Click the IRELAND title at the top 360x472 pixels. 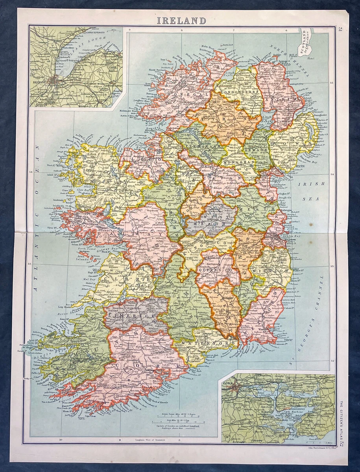tap(181, 20)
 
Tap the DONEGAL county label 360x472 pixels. tap(182, 95)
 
